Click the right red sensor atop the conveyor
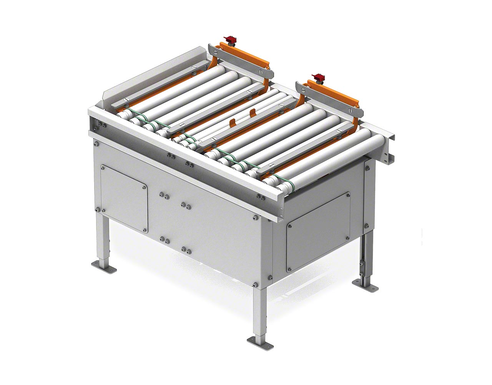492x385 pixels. [x=319, y=77]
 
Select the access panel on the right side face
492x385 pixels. [x=318, y=233]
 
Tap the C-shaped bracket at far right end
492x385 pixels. [x=390, y=148]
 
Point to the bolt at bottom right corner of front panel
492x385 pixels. [x=256, y=285]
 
